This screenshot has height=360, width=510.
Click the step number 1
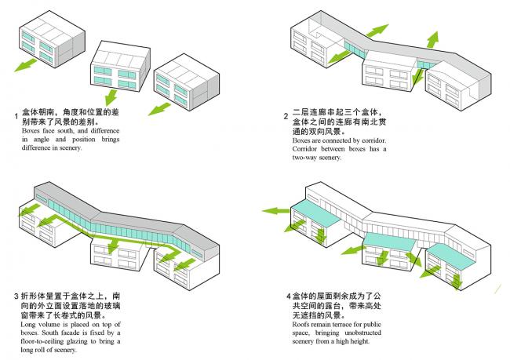pos(16,118)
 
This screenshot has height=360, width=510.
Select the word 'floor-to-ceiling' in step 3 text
pos(49,341)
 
